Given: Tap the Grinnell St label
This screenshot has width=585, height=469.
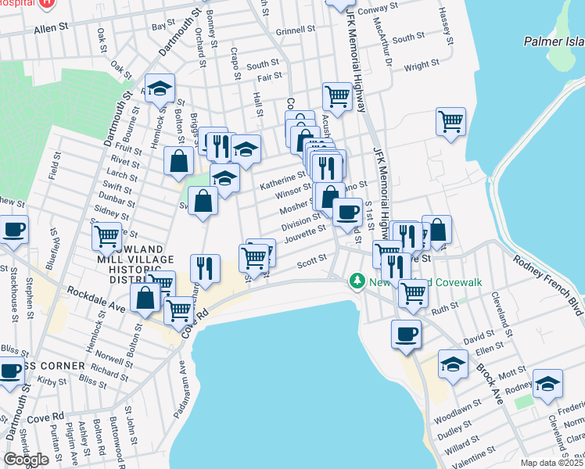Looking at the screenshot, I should click(x=296, y=31).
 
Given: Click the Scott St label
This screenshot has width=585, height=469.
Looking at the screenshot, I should click(x=310, y=264).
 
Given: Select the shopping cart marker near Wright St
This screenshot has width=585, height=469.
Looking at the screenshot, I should click(x=450, y=121).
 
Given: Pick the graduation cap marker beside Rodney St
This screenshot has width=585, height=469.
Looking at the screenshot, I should click(x=547, y=383).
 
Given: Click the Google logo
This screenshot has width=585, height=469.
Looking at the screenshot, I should click(x=26, y=460).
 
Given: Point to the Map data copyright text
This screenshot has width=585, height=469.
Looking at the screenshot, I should click(x=551, y=463).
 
